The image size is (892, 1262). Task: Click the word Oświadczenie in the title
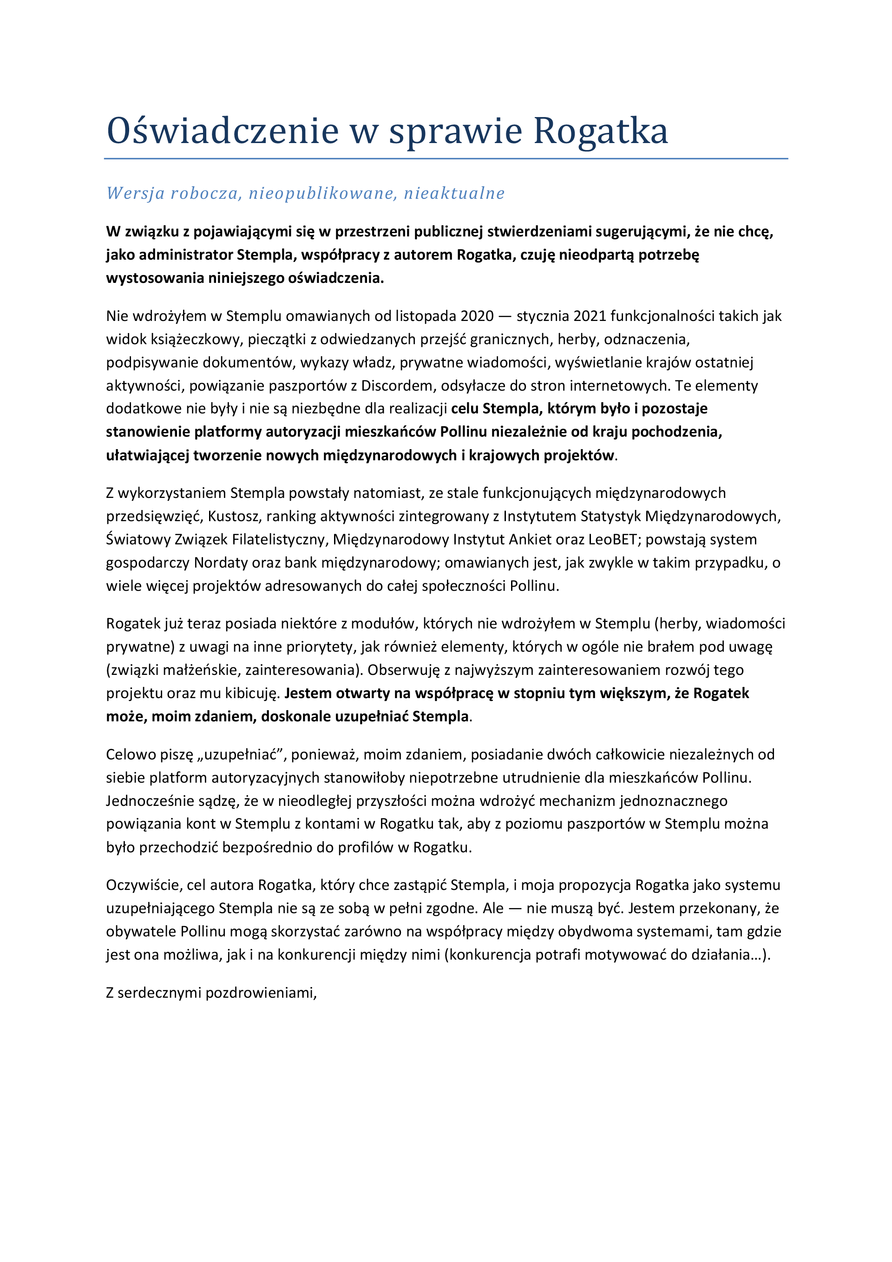pos(222,131)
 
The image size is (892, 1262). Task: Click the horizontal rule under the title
pos(446,159)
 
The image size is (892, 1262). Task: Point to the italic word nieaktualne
pos(454,194)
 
